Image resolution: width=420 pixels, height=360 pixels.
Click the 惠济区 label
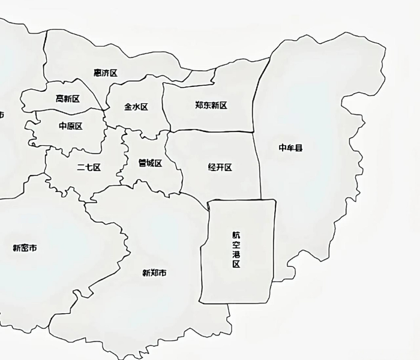[x=106, y=73]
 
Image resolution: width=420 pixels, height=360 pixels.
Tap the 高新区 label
[x=68, y=98]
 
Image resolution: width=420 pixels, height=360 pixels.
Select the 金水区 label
[x=136, y=107]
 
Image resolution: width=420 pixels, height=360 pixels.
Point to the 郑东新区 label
[x=211, y=105]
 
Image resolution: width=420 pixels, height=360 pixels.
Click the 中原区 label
[x=71, y=126]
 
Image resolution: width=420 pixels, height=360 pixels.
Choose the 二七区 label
[x=89, y=167]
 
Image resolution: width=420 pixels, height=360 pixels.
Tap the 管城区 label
[x=150, y=163]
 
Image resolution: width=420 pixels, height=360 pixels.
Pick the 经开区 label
[x=220, y=167]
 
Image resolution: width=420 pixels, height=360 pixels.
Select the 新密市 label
[x=25, y=247]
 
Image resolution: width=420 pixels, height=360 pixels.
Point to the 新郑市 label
[x=154, y=273]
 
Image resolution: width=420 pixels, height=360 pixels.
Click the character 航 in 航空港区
[x=236, y=235]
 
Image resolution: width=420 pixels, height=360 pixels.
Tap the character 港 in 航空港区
[x=236, y=254]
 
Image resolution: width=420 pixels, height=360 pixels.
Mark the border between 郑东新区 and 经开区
[x=210, y=131]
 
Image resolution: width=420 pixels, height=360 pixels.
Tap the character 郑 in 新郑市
[x=154, y=273]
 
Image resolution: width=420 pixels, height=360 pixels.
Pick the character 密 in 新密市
[x=25, y=247]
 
